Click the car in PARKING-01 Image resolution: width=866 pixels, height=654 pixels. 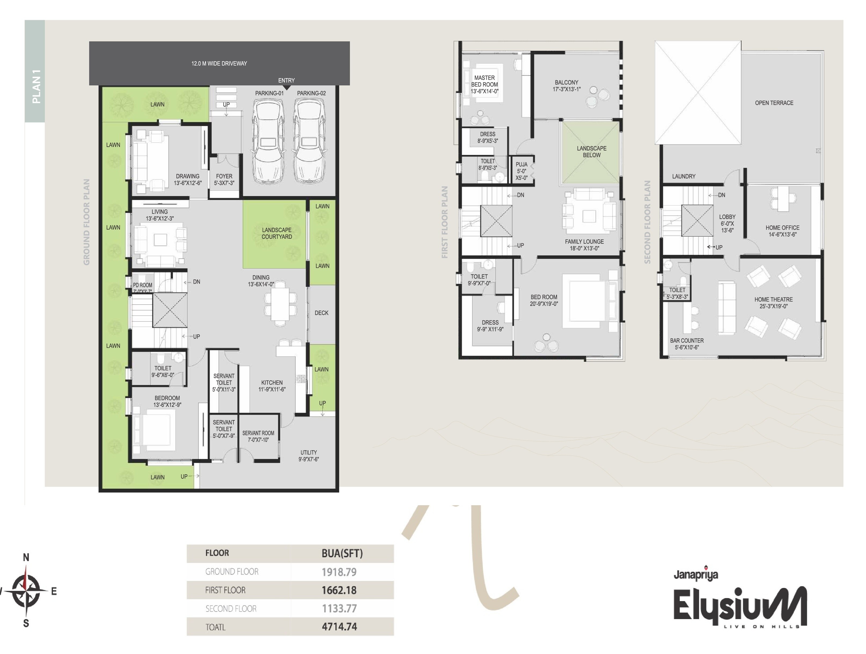[x=268, y=141]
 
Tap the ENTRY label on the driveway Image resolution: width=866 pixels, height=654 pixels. [x=286, y=80]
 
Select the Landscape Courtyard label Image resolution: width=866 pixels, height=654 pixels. [x=277, y=233]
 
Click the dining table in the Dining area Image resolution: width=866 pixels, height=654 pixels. [x=280, y=304]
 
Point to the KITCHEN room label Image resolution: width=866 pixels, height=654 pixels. [x=272, y=383]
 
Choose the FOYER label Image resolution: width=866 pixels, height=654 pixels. [x=224, y=176]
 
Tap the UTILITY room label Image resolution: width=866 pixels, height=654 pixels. [x=309, y=452]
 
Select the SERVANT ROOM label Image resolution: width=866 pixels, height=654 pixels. [x=258, y=433]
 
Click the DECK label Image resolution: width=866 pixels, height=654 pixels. [x=321, y=313]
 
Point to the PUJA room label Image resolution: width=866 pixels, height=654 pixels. [x=521, y=164]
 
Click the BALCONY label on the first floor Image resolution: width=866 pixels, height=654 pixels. [x=567, y=82]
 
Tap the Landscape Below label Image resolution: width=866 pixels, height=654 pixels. [x=592, y=151]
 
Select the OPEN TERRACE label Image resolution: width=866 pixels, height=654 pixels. [x=774, y=103]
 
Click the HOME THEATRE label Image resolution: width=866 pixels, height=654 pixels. [x=774, y=299]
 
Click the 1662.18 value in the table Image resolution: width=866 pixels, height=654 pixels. [x=339, y=590]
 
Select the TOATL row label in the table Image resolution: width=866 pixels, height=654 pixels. [x=215, y=627]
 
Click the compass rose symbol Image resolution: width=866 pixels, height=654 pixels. [x=26, y=590]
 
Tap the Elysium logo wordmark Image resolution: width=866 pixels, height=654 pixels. [x=740, y=605]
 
